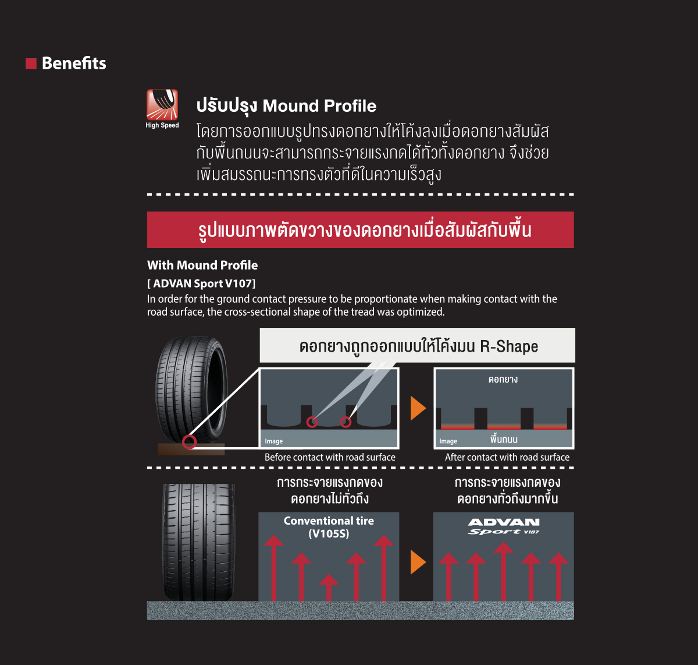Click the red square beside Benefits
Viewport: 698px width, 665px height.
click(x=31, y=63)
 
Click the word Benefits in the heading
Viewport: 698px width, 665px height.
click(x=74, y=63)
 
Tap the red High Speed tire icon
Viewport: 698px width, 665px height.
click(x=162, y=104)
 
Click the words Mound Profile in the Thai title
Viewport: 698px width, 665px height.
click(x=319, y=105)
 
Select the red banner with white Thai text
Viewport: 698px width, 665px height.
click(x=361, y=229)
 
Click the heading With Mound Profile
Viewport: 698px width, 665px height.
click(x=202, y=265)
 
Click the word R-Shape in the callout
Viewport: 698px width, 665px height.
click(x=509, y=346)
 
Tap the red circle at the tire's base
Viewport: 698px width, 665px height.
click(x=189, y=442)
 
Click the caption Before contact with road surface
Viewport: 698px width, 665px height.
click(x=330, y=457)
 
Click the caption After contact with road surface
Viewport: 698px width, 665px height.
click(x=507, y=457)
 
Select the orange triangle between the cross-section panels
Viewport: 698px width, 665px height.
click(x=418, y=408)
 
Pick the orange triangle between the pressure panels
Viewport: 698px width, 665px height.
click(x=418, y=562)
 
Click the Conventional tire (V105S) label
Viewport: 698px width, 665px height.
click(x=329, y=527)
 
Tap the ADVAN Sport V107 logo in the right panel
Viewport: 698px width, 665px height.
click(x=504, y=526)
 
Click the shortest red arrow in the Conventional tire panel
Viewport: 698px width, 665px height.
click(x=329, y=588)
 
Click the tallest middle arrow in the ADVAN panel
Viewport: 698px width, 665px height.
click(x=504, y=571)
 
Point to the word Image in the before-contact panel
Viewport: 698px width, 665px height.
click(x=274, y=441)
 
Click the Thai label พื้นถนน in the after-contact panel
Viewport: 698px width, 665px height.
click(x=504, y=439)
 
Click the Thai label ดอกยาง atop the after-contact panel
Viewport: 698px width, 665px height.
click(x=503, y=380)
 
